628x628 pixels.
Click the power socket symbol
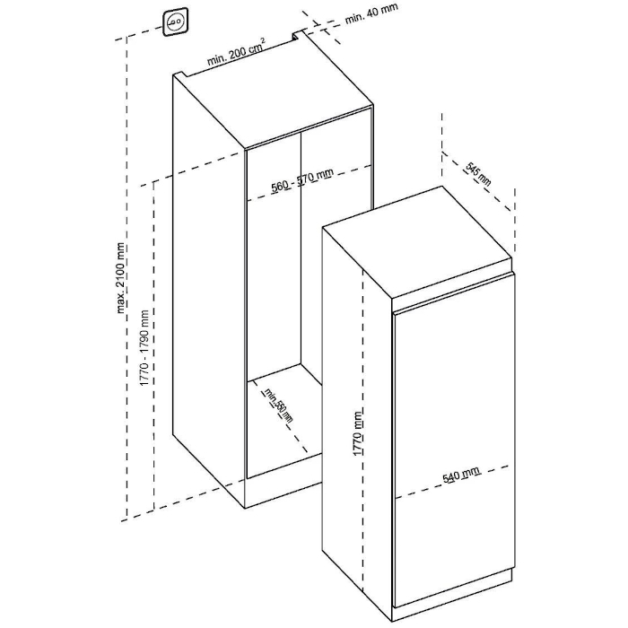click(x=175, y=22)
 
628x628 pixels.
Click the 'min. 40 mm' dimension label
click(x=371, y=13)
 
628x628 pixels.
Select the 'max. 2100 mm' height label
click(x=121, y=278)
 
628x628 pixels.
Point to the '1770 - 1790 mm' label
click(x=144, y=348)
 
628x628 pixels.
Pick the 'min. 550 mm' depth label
click(x=277, y=406)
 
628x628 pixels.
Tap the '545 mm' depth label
click(x=478, y=174)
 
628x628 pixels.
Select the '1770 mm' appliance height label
click(x=358, y=432)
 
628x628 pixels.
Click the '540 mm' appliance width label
click(x=460, y=475)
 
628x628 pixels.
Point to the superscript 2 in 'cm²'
click(x=263, y=40)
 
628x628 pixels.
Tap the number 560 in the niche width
click(x=280, y=187)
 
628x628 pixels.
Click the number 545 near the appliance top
click(x=474, y=170)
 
